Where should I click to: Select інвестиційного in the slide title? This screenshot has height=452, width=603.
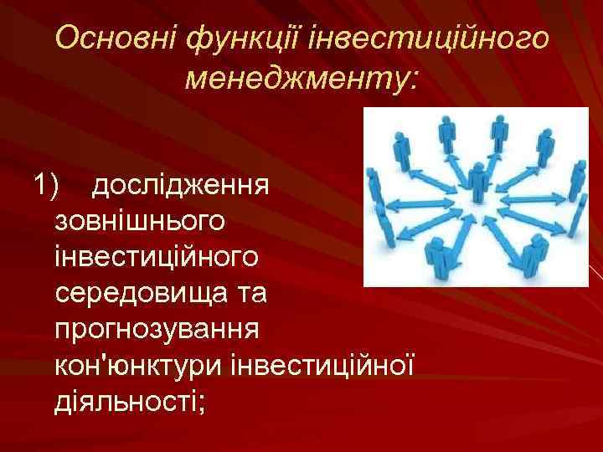(430, 39)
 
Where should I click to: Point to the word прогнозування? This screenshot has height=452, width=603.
(157, 329)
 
